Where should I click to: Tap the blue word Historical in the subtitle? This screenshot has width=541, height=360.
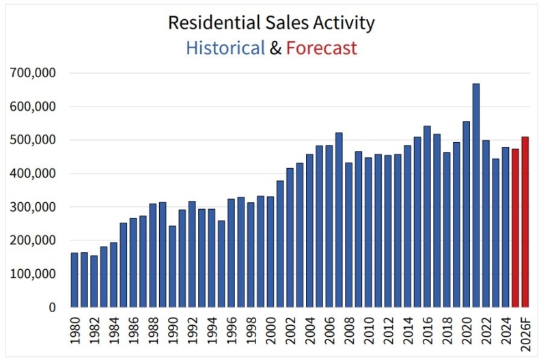pos(225,48)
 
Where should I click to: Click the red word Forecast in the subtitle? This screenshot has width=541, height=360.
pos(321,48)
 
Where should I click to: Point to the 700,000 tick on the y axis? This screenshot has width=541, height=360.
pos(31,72)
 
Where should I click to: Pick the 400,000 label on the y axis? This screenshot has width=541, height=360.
pos(31,174)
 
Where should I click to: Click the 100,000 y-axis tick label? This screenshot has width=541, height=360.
pos(31,274)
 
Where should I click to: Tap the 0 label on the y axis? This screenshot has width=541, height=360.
pos(51,307)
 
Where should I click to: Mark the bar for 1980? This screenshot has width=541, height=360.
pos(74,280)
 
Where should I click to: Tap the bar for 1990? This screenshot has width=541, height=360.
pos(172,266)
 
